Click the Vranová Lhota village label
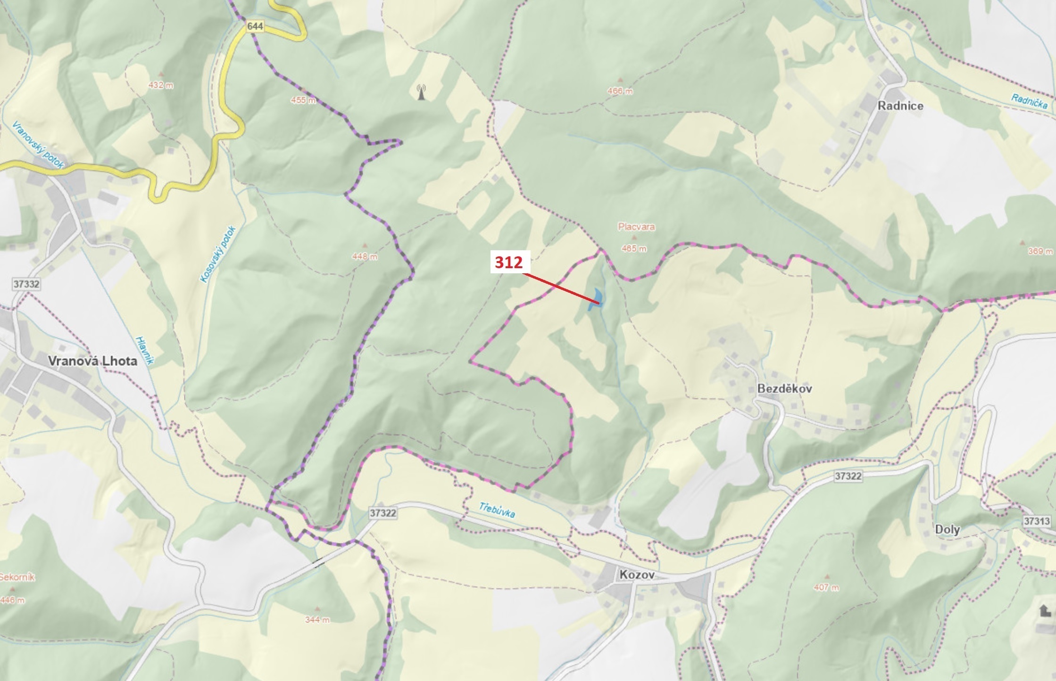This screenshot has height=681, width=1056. point(92,361)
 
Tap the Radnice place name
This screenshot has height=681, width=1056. point(900,106)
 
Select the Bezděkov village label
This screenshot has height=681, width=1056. point(784,389)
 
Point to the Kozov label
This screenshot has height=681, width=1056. point(637,574)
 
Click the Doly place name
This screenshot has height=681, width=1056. point(947,529)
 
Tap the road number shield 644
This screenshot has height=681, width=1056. point(255,26)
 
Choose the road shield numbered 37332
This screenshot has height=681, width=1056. point(26,284)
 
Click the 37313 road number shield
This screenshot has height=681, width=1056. point(1037,521)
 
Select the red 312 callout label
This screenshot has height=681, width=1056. point(508,262)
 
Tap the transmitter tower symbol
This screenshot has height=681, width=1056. point(421,92)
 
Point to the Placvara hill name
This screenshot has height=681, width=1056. point(636,227)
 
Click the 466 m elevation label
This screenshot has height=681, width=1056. point(620,91)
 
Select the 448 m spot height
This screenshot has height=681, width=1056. point(365,256)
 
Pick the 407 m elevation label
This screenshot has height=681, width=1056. point(826,587)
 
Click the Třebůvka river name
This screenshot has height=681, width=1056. point(497,509)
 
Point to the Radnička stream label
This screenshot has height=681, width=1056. point(1029,101)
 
